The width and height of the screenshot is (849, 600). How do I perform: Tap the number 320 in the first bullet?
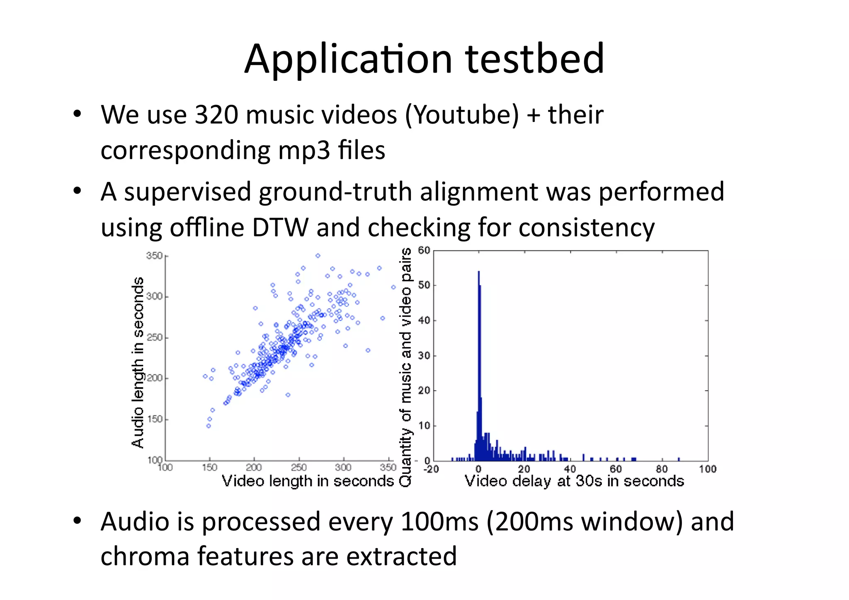pos(216,115)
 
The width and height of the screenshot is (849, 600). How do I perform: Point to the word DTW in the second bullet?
pos(280,228)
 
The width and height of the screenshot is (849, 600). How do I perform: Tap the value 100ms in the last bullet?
pos(439,521)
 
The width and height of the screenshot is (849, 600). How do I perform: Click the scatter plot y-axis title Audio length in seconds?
pos(138,362)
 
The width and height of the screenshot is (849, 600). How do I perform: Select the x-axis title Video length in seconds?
pos(308,481)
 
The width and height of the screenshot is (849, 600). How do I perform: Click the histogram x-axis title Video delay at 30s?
pos(574,481)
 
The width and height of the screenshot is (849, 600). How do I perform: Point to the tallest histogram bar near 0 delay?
pos(479,365)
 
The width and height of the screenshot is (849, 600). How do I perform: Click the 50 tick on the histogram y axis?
pos(424,285)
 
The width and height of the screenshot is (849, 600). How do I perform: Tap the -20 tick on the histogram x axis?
pos(431,469)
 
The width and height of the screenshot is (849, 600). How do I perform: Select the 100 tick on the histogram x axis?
pos(707,469)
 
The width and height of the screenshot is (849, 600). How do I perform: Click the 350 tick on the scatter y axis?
pos(154,256)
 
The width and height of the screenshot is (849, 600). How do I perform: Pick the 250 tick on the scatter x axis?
pos(298,468)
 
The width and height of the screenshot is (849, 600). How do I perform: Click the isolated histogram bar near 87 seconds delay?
pos(679,459)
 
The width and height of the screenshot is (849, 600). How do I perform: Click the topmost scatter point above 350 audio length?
pos(318,256)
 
